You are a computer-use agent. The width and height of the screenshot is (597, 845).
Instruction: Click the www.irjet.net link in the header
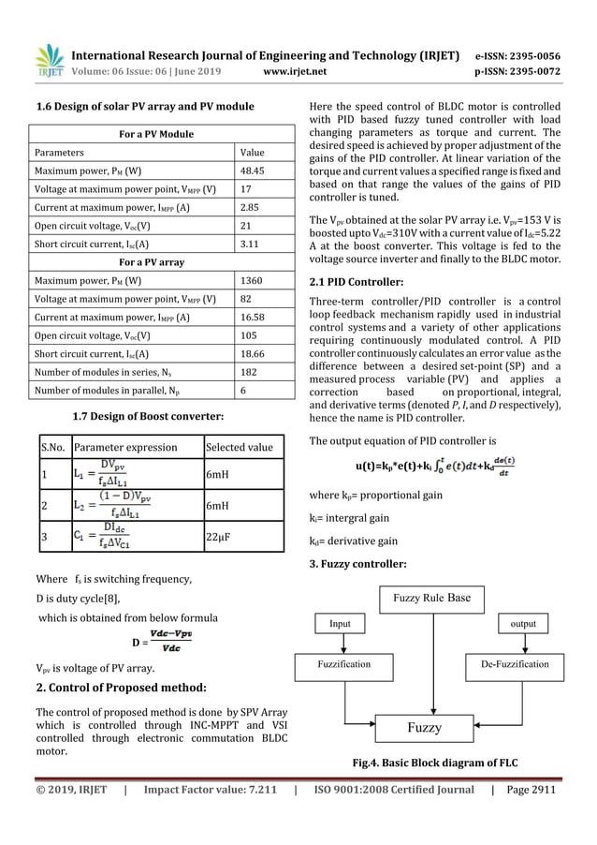pyautogui.click(x=294, y=68)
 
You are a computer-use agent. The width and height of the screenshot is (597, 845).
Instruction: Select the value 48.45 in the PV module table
pyautogui.click(x=252, y=171)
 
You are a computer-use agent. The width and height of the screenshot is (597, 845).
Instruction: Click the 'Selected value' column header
pyautogui.click(x=239, y=447)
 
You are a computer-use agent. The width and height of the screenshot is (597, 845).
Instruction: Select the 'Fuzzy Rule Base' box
pyautogui.click(x=431, y=597)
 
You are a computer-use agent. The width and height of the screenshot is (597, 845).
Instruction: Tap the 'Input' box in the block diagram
pyautogui.click(x=340, y=623)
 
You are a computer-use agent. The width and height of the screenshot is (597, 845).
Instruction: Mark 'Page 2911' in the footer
pyautogui.click(x=530, y=790)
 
